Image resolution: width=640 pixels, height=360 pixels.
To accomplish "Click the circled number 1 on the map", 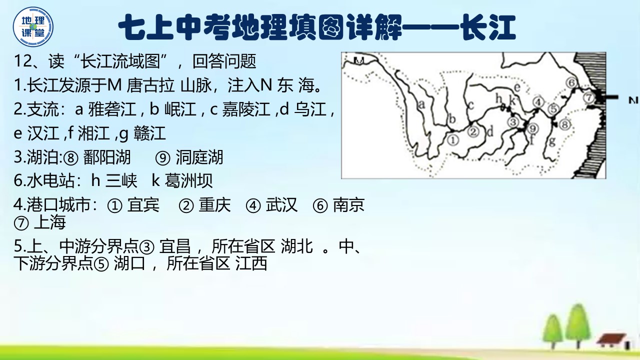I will pyautogui.click(x=452, y=140).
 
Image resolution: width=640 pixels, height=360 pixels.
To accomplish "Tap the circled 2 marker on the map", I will pyautogui.click(x=473, y=131).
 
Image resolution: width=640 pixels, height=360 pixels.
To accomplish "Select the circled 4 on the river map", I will pyautogui.click(x=538, y=101).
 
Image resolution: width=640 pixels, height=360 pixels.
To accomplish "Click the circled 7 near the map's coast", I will pyautogui.click(x=589, y=97).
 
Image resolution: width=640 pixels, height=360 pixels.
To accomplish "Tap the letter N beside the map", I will pyautogui.click(x=634, y=100).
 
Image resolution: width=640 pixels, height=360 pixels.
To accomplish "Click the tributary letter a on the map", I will pyautogui.click(x=421, y=104).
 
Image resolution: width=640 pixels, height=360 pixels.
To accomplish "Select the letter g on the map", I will pyautogui.click(x=552, y=142).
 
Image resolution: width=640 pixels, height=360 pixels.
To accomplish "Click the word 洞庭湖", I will pyautogui.click(x=199, y=157).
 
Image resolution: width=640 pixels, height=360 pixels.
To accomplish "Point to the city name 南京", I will pyautogui.click(x=348, y=205).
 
